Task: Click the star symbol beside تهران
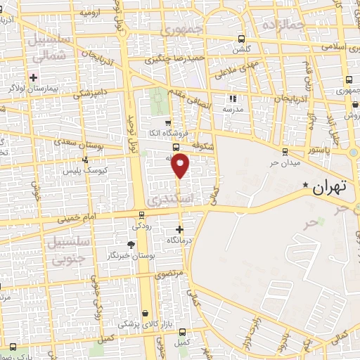(305, 186)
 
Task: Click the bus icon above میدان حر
(284, 151)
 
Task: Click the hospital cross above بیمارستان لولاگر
(33, 77)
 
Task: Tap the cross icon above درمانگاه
(180, 229)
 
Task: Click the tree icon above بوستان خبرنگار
(130, 244)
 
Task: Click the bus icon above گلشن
(242, 39)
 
